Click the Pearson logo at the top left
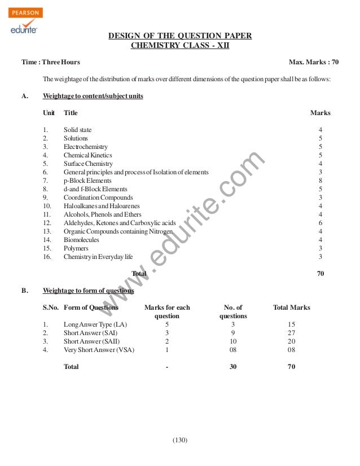(x=26, y=10)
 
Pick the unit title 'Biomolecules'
(x=81, y=239)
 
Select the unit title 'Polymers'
(x=76, y=248)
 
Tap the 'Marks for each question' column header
(x=167, y=312)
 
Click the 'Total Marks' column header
(x=291, y=308)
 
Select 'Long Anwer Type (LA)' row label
(x=91, y=325)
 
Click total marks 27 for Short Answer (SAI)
(x=291, y=333)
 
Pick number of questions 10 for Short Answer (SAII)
(x=233, y=341)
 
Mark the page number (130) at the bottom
(x=180, y=440)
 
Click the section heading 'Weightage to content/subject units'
(x=93, y=96)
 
